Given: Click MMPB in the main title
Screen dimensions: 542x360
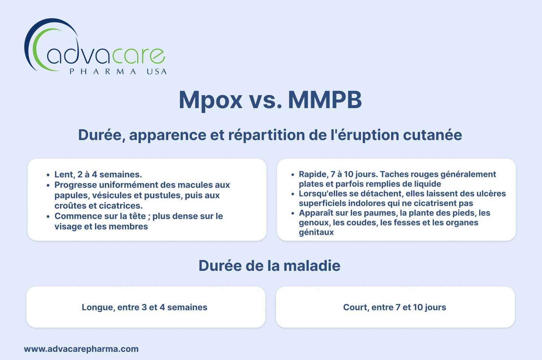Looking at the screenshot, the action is (325, 100).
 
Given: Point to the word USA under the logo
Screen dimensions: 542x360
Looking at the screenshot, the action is (157, 72).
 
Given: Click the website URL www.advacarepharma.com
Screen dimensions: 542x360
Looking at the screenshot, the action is (81, 349).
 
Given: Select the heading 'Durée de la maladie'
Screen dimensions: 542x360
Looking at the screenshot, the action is (269, 266).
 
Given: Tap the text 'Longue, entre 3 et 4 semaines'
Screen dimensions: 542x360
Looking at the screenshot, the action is (145, 307).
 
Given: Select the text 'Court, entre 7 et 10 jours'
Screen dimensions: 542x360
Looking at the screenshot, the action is (394, 307).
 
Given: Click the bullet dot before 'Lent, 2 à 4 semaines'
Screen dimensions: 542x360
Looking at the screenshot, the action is (48, 175).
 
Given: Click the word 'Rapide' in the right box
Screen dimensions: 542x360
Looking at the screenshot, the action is (313, 174).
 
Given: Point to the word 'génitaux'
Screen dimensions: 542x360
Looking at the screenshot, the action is (316, 232).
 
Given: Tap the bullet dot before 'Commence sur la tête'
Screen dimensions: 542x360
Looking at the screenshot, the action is (48, 216).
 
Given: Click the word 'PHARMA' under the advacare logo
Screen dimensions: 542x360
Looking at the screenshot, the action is (103, 72).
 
